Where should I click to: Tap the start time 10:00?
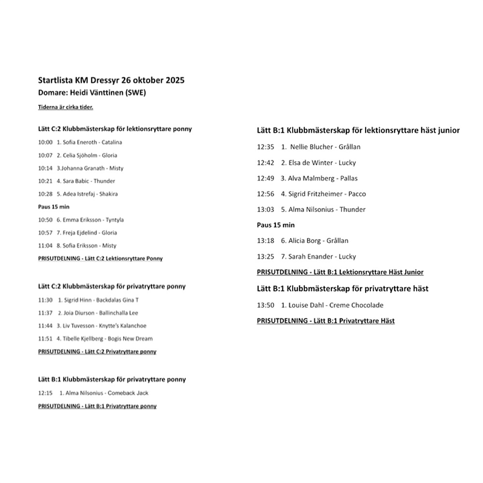(x=45, y=142)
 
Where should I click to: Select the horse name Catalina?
(x=112, y=142)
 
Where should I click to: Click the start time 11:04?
(x=45, y=246)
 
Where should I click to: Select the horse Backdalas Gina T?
(x=117, y=300)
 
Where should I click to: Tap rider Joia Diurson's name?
(x=80, y=313)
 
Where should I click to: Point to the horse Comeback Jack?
(x=128, y=393)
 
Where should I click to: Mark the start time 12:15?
(x=45, y=393)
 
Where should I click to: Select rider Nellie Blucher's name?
(x=310, y=147)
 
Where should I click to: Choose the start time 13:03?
(x=266, y=210)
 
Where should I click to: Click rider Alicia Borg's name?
(x=304, y=241)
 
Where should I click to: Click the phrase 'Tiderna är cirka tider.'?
(x=66, y=107)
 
